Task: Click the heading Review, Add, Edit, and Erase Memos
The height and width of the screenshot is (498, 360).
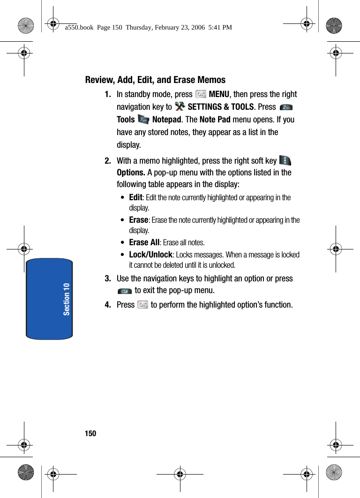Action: [155, 80]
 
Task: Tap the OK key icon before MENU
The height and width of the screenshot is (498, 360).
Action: [201, 94]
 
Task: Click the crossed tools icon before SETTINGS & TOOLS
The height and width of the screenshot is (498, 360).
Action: [180, 107]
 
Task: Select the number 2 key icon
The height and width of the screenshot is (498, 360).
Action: [286, 108]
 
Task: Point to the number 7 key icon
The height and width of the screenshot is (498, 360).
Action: [143, 120]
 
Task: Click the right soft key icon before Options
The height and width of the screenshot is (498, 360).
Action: [284, 161]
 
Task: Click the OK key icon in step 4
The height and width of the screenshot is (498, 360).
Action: [143, 305]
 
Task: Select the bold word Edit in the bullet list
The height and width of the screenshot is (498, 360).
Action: [135, 197]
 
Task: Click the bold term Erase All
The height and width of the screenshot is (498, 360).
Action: [144, 242]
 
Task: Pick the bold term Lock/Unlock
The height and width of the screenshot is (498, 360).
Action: [151, 255]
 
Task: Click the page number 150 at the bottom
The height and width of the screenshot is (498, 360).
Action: [90, 433]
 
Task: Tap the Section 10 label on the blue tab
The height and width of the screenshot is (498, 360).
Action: [67, 299]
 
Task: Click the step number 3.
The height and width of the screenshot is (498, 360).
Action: [108, 279]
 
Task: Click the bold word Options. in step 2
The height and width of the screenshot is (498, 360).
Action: [131, 173]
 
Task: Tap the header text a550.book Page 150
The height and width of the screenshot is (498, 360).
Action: [148, 28]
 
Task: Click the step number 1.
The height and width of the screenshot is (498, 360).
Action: [108, 94]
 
